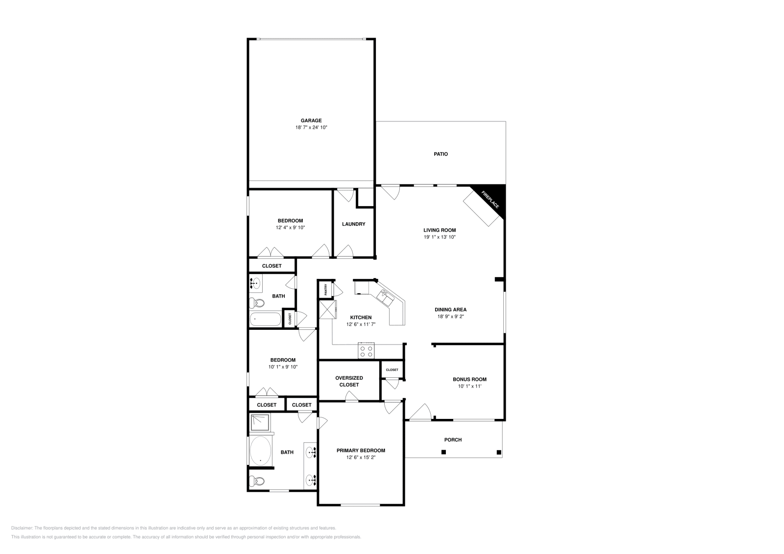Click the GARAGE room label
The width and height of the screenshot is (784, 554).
tap(311, 120)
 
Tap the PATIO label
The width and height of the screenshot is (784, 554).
tap(441, 154)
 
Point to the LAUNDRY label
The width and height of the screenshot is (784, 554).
tap(353, 224)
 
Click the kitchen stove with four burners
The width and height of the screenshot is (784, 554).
tap(366, 350)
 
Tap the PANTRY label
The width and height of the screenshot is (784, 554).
tap(325, 289)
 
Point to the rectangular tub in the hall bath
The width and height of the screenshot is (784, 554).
tap(265, 320)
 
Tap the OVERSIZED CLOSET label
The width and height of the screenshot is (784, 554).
tap(349, 381)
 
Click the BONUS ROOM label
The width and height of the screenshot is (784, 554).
tap(469, 379)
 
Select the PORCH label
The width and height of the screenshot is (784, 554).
tap(453, 440)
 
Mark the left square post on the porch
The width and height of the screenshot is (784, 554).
tap(443, 452)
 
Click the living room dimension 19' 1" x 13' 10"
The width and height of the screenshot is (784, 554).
tap(440, 237)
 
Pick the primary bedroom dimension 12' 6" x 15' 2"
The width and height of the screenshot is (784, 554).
tap(361, 458)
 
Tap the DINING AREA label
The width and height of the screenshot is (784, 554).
tap(450, 309)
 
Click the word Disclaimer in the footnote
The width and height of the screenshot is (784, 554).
tap(22, 528)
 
